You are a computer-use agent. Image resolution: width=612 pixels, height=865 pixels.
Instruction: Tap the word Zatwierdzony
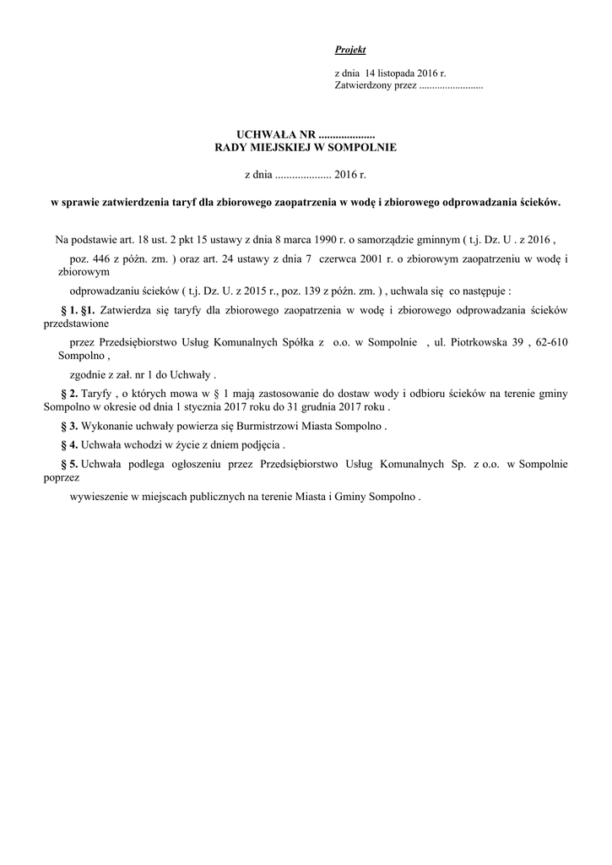363,86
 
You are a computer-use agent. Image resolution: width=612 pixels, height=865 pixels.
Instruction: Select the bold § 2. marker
70,394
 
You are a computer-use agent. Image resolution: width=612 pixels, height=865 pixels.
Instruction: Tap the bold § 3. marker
70,427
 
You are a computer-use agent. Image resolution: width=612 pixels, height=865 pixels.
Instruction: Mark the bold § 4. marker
70,444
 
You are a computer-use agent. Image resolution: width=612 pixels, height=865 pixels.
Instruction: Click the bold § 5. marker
70,464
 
